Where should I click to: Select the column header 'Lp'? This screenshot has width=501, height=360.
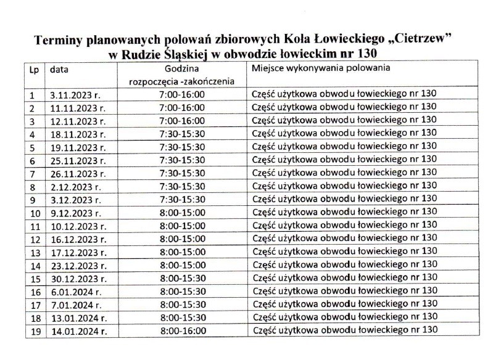tap(33, 69)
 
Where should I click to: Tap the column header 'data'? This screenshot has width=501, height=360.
tap(59, 69)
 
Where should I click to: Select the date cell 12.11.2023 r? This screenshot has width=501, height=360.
tap(78, 120)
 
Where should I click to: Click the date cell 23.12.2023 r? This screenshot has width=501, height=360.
tap(78, 266)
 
